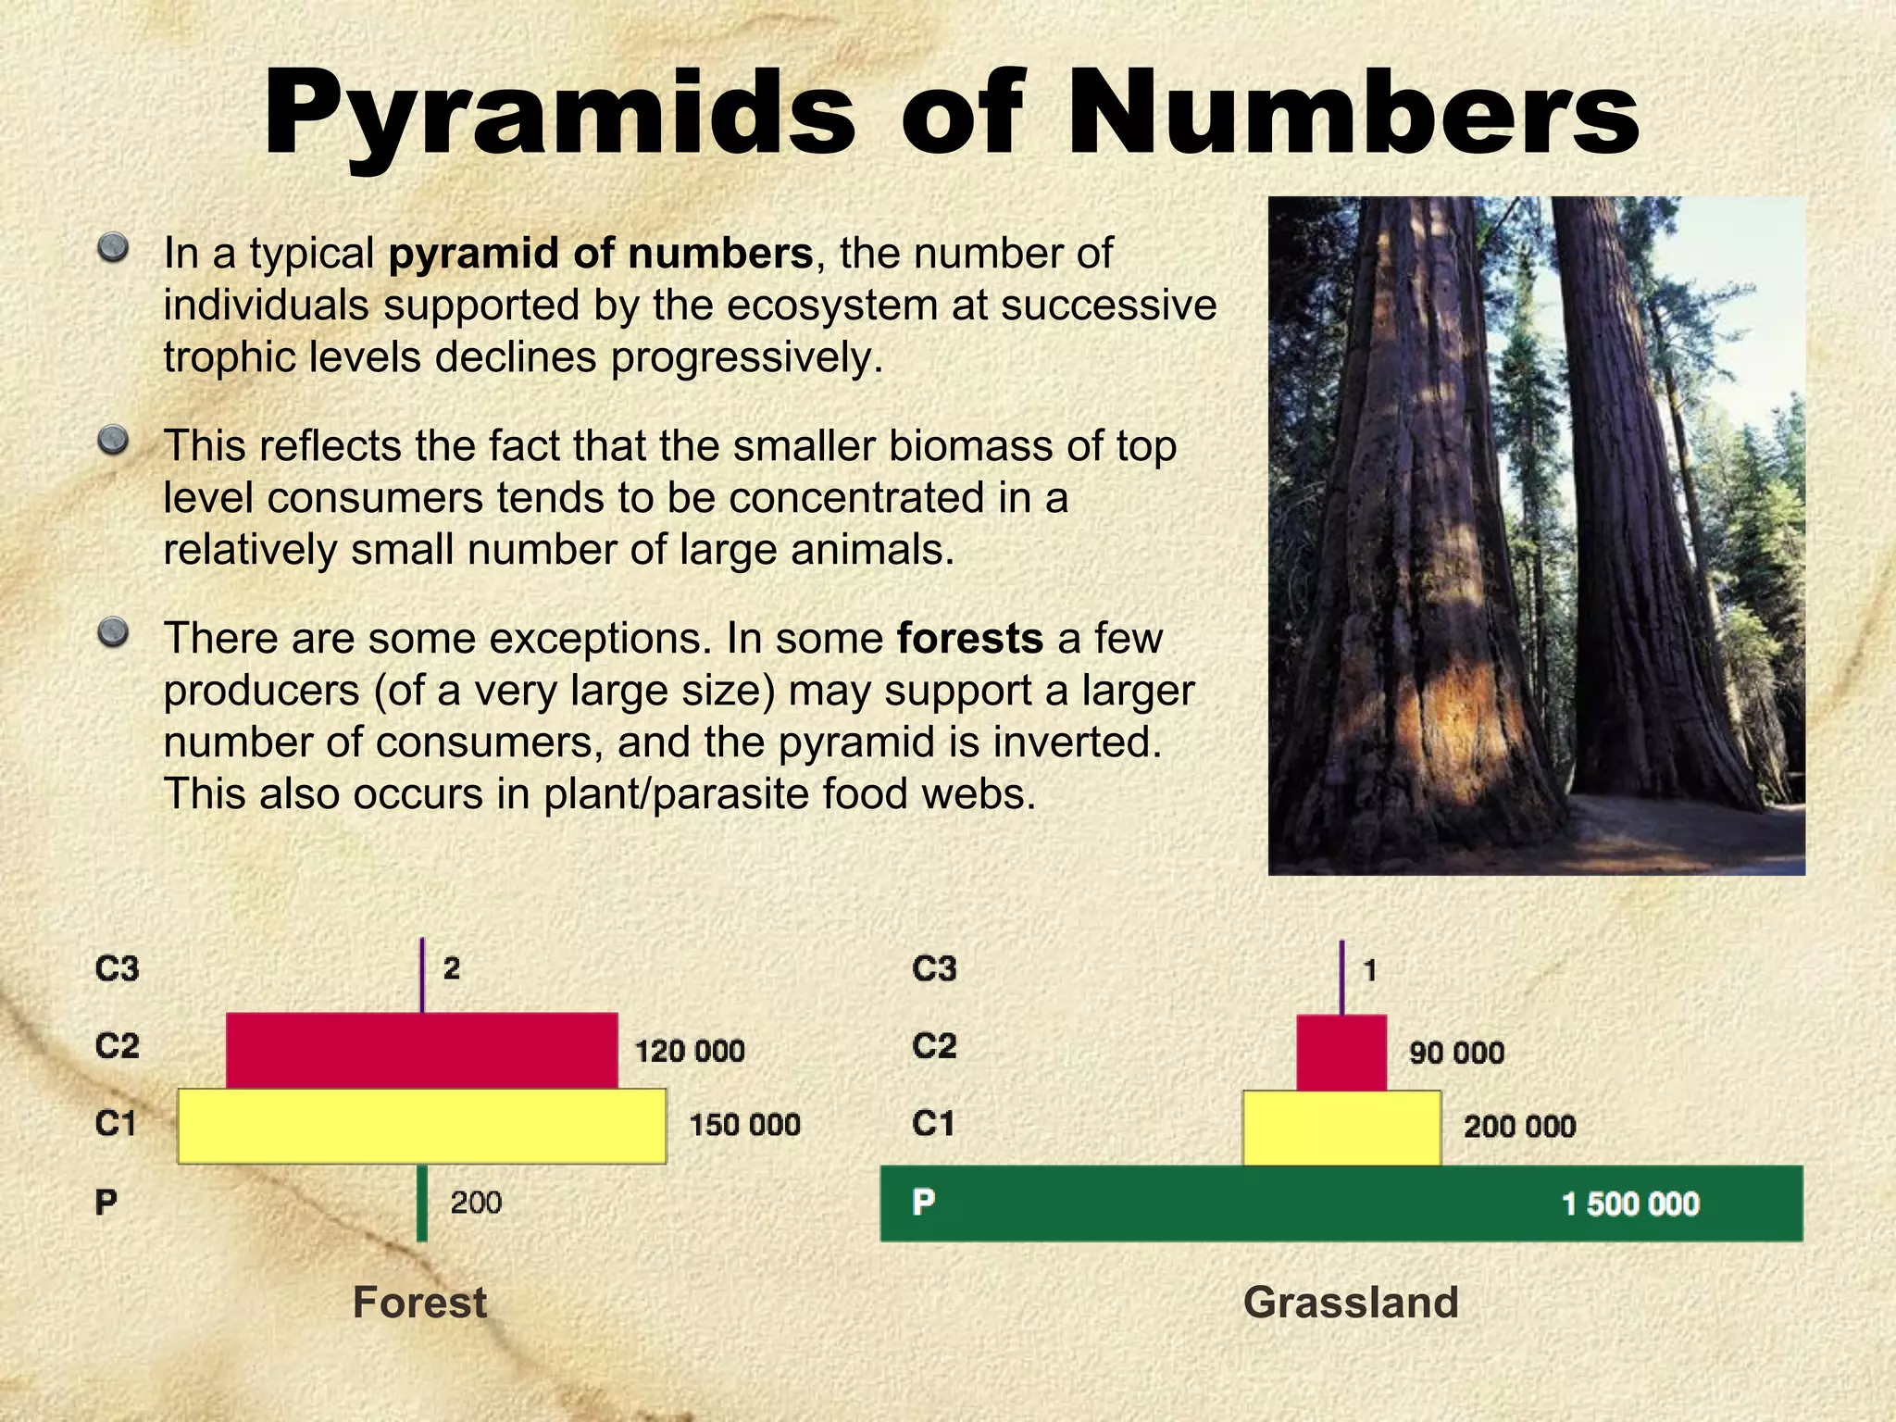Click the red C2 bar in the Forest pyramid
tap(422, 1051)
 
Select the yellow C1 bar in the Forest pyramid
tap(422, 1126)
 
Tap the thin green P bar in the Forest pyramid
tap(422, 1203)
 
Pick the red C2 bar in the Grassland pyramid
tap(1341, 1053)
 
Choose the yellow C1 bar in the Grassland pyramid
tap(1341, 1128)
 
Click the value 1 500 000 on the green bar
tap(1630, 1204)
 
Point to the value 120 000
tap(690, 1052)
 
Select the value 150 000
tap(744, 1126)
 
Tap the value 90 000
tap(1456, 1053)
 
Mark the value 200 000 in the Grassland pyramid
tap(1519, 1127)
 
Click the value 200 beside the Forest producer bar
tap(476, 1203)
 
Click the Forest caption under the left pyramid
tap(419, 1303)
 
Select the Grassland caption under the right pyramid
tap(1351, 1303)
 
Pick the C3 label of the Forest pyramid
tap(118, 969)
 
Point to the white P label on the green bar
tap(923, 1203)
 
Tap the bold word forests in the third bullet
tap(970, 639)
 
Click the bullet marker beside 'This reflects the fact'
tap(113, 440)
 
